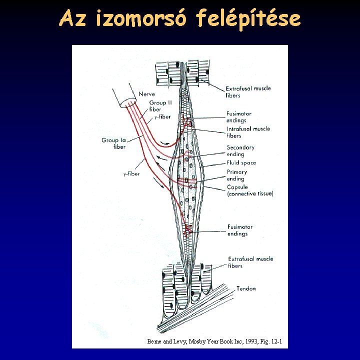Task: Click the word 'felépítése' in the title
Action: click(x=248, y=18)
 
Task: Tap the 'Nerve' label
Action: click(x=147, y=94)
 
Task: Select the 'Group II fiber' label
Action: click(x=161, y=106)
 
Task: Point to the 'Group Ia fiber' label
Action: click(x=113, y=143)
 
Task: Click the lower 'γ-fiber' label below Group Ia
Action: click(x=132, y=174)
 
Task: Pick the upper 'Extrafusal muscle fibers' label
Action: click(x=248, y=91)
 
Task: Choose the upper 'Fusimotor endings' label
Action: click(x=239, y=117)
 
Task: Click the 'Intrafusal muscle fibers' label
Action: click(x=248, y=132)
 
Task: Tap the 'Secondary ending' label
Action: click(x=240, y=151)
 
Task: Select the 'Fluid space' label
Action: click(x=241, y=163)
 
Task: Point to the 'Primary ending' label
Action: click(x=237, y=175)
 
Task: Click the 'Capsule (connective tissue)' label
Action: click(x=250, y=190)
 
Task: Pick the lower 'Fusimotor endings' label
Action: click(x=240, y=230)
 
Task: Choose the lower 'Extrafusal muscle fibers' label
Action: click(x=250, y=262)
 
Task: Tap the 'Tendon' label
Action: click(x=246, y=288)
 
